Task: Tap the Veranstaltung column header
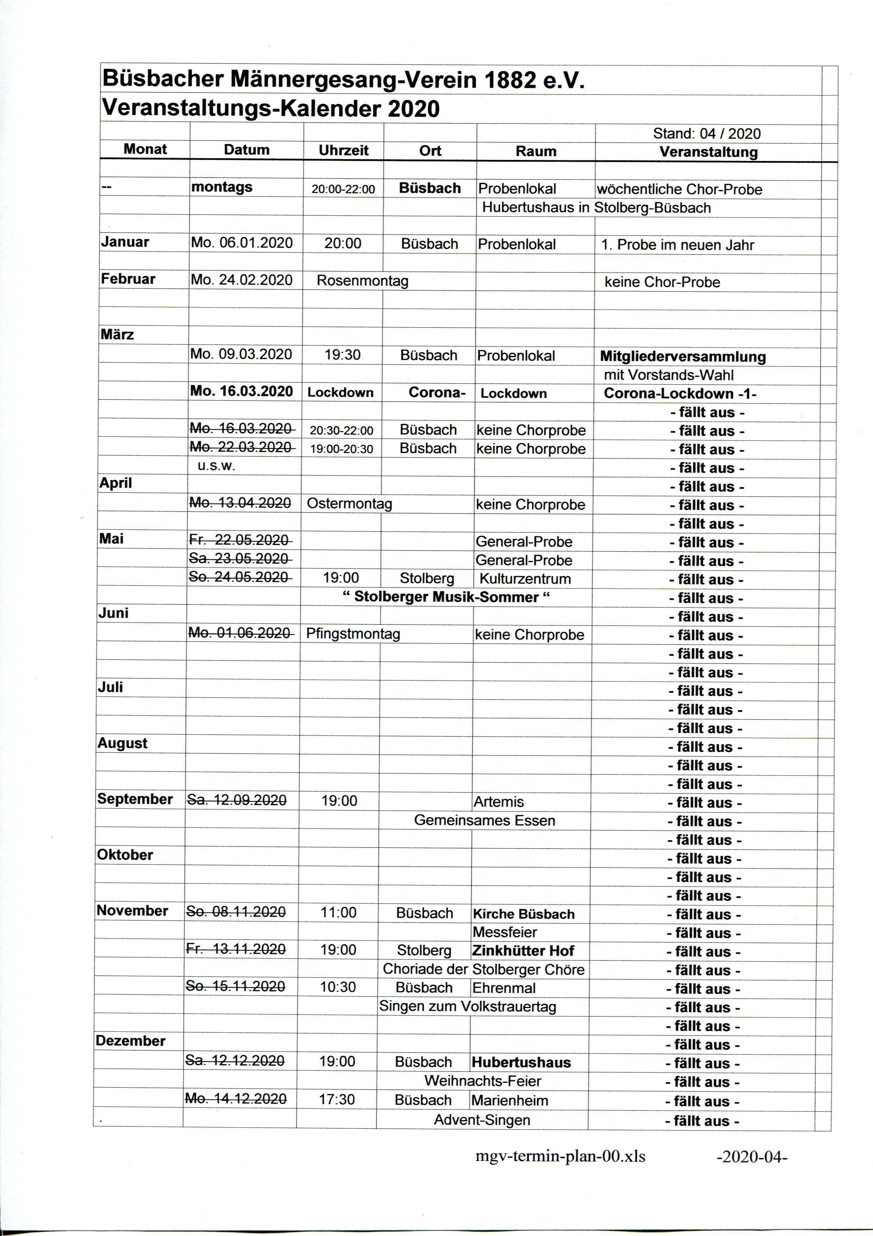708,152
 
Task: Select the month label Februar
128,279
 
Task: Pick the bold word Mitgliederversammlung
683,356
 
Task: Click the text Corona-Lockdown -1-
680,393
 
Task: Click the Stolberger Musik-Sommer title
447,597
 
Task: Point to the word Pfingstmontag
353,634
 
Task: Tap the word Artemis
499,802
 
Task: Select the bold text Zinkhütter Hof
523,951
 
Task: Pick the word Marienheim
510,1100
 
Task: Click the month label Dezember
130,1041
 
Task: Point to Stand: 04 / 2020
707,133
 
